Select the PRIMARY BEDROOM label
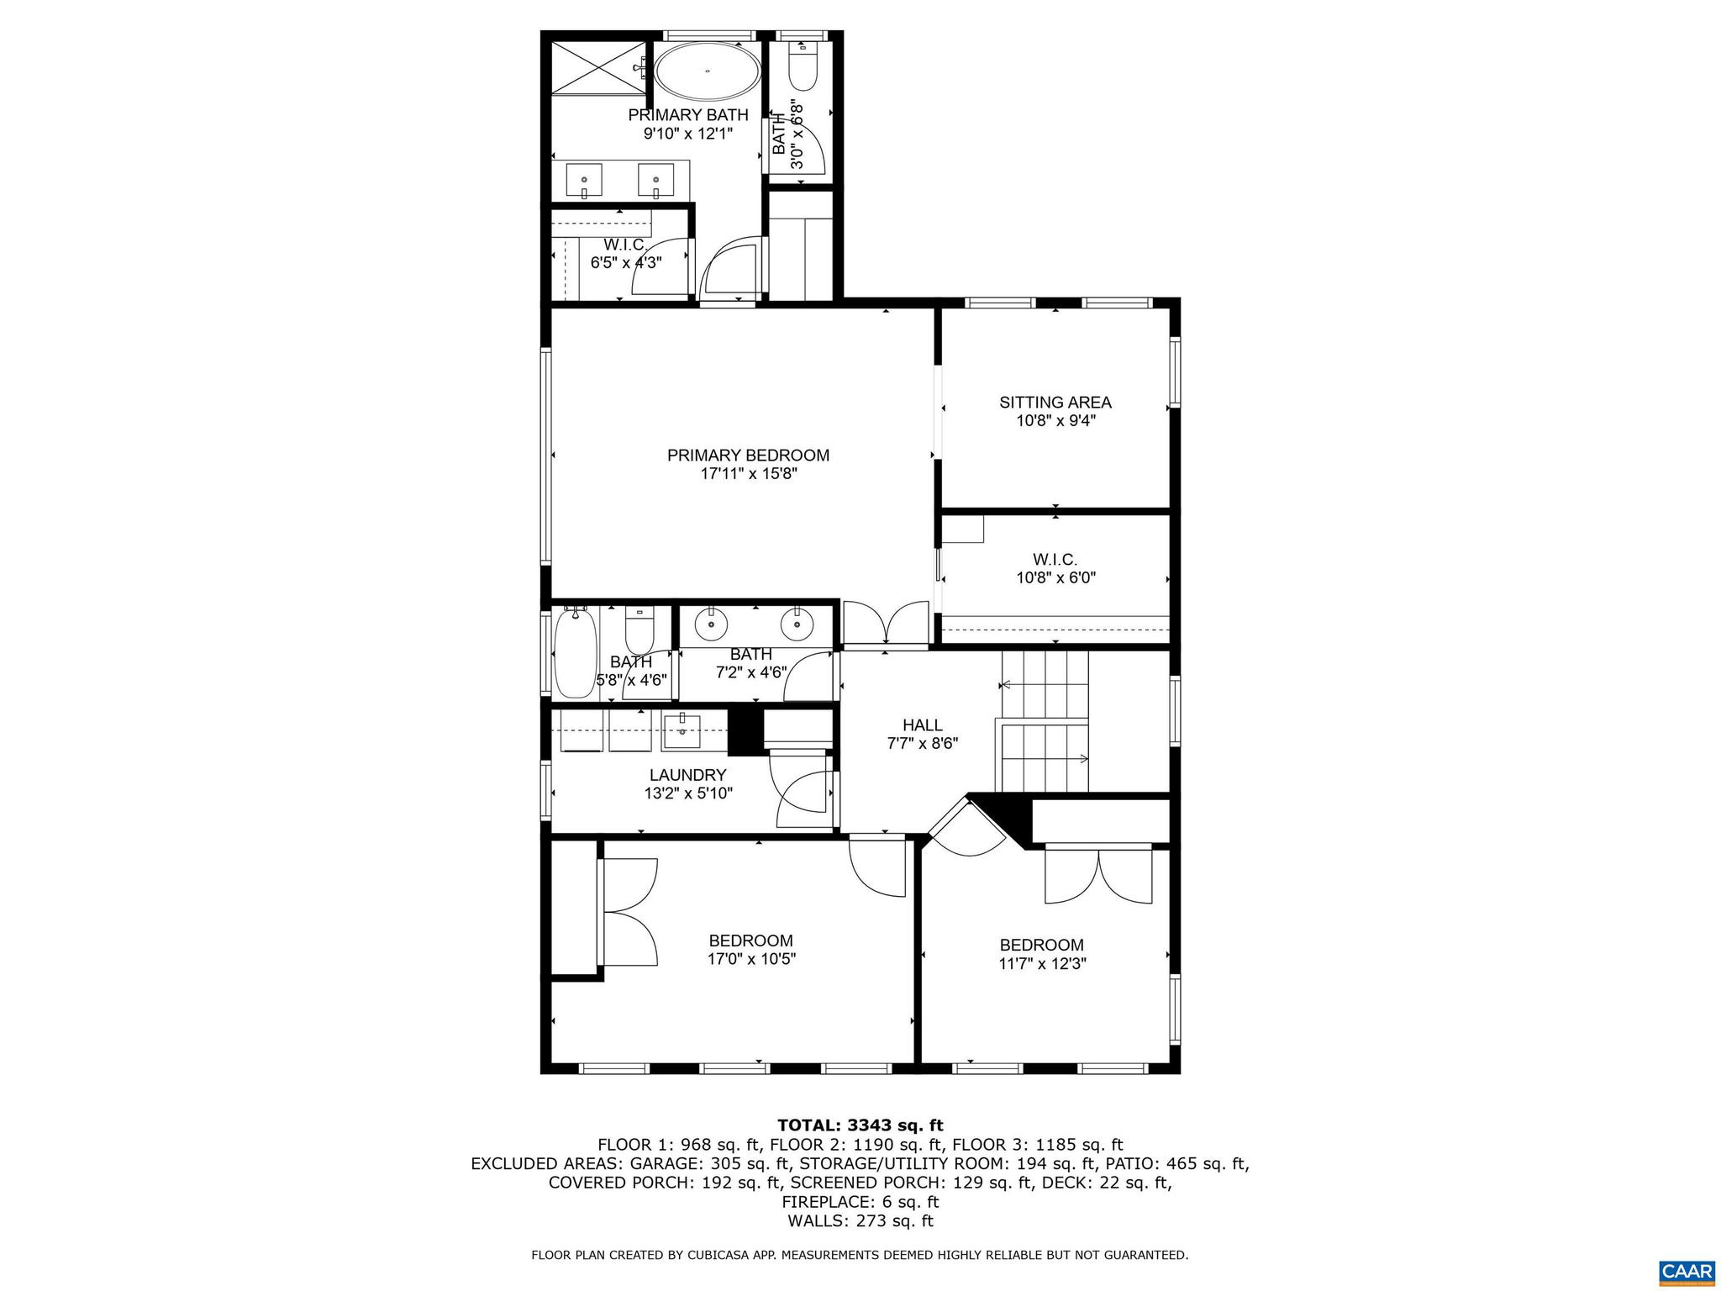coord(748,456)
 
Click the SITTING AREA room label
coord(1055,403)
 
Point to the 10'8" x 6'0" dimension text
coord(1055,578)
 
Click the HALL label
coord(922,725)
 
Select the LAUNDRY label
coord(687,775)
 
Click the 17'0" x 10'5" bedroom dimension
coord(750,959)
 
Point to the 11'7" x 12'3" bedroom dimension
coord(1042,964)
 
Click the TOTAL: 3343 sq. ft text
coord(860,1125)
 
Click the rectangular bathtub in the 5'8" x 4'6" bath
coord(575,653)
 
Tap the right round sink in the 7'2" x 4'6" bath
coord(797,624)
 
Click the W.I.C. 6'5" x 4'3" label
coord(625,253)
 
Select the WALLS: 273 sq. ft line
coord(860,1221)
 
